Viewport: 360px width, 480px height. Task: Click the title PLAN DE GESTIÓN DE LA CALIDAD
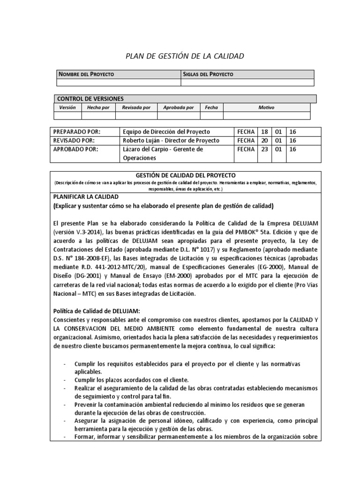point(185,57)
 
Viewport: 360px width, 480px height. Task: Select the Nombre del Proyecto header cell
point(86,75)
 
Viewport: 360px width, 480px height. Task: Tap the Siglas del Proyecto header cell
point(208,75)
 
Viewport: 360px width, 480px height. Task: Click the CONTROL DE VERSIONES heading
point(90,99)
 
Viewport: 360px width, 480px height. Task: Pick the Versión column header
point(67,108)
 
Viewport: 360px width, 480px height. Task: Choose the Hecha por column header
point(98,108)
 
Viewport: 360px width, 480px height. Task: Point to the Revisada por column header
point(136,108)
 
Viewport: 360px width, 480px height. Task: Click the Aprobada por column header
point(178,108)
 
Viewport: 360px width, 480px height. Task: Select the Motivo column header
point(266,108)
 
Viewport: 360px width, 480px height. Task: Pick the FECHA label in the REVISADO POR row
point(246,141)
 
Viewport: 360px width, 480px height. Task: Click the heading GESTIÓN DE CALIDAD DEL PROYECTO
point(185,175)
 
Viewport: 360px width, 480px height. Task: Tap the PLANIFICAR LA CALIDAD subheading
point(87,196)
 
